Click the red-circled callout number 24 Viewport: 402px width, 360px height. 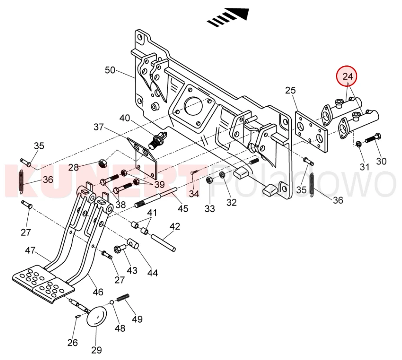(x=348, y=77)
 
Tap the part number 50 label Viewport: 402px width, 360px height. (x=110, y=70)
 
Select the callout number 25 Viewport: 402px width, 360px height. (x=290, y=90)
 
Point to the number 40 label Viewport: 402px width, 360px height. (x=125, y=118)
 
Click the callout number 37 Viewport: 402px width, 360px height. (x=99, y=127)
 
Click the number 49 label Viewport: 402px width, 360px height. (x=137, y=320)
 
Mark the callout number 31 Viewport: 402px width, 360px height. (x=364, y=167)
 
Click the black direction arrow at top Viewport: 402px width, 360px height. (x=229, y=16)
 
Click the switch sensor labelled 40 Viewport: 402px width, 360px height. (x=158, y=139)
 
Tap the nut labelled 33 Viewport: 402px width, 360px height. (x=208, y=180)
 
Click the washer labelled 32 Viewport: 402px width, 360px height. (x=222, y=175)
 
